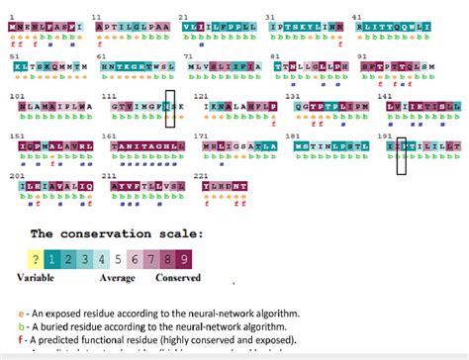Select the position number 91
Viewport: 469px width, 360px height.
pos(362,56)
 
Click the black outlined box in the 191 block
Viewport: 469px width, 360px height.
pos(401,149)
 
